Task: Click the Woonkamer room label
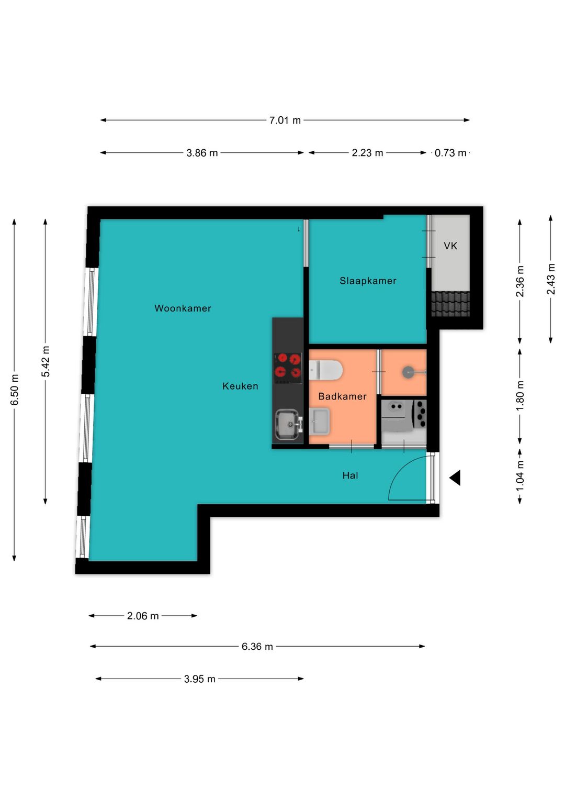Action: pos(183,308)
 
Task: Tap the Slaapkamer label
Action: pos(368,281)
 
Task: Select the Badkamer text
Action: pos(342,396)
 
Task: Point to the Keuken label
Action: pos(240,386)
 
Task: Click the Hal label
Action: pos(350,475)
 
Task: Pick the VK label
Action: pos(450,246)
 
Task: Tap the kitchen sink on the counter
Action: pos(288,425)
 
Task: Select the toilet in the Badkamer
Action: pos(325,370)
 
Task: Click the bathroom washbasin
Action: pos(320,421)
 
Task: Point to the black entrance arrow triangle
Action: pos(455,478)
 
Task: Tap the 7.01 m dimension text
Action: pos(285,120)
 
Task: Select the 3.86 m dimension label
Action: pos(202,153)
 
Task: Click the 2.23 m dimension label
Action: pos(367,153)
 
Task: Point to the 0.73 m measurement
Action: pos(450,153)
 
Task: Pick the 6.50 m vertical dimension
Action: pos(14,390)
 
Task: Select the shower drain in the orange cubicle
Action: pos(408,373)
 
